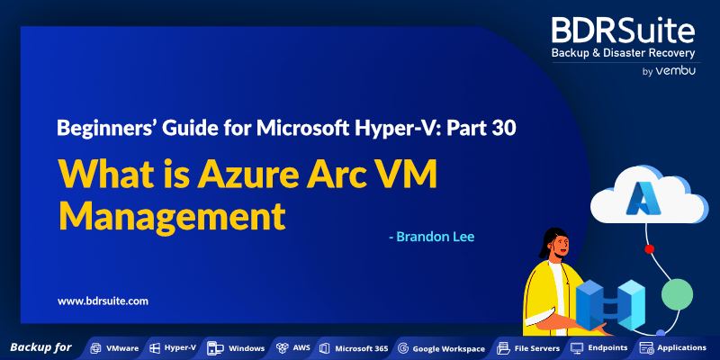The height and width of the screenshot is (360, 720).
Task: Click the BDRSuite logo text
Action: pyautogui.click(x=623, y=31)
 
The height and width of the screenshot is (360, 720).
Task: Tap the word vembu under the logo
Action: pyautogui.click(x=675, y=71)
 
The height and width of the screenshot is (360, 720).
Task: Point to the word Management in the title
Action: pyautogui.click(x=172, y=215)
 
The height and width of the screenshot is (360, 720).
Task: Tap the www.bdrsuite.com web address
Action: pyautogui.click(x=103, y=301)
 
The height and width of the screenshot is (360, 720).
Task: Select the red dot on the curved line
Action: pyautogui.click(x=649, y=249)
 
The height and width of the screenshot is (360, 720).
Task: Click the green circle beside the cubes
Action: pyautogui.click(x=677, y=294)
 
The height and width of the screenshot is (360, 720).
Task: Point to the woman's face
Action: pyautogui.click(x=561, y=248)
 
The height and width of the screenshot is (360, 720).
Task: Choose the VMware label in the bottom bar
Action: pyautogui.click(x=122, y=348)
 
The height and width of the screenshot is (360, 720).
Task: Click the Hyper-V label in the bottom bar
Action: pyautogui.click(x=180, y=347)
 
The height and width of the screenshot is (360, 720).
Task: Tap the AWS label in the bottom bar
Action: pyautogui.click(x=301, y=347)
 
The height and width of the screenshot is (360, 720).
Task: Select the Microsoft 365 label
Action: pyautogui.click(x=362, y=348)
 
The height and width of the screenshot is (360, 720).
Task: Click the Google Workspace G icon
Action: pyautogui.click(x=403, y=348)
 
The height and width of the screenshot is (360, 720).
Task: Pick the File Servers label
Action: pyautogui.click(x=537, y=348)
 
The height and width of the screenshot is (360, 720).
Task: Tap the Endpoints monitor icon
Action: pyautogui.click(x=577, y=347)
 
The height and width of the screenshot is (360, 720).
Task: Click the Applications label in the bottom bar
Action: pyautogui.click(x=682, y=347)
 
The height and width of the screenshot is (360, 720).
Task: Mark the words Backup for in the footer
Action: pyautogui.click(x=40, y=347)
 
